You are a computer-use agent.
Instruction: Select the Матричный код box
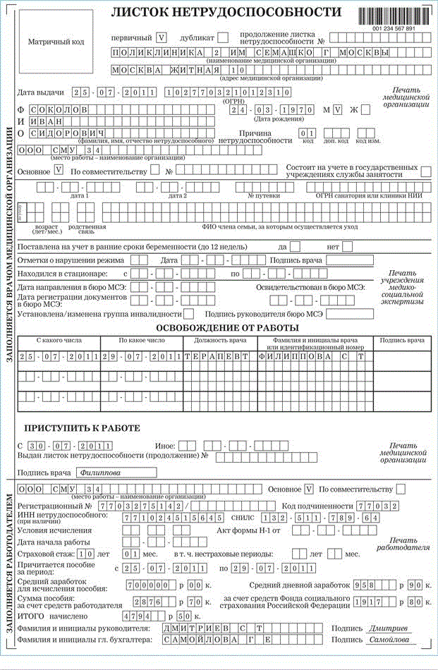pyautogui.click(x=56, y=42)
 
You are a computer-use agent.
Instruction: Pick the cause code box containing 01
pyautogui.click(x=305, y=133)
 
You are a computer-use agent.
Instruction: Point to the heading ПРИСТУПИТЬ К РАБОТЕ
pyautogui.click(x=83, y=429)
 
